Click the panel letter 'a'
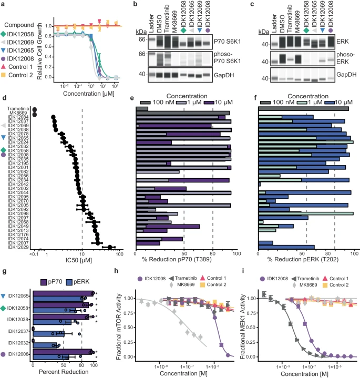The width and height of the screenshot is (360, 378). (x=4, y=4)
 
